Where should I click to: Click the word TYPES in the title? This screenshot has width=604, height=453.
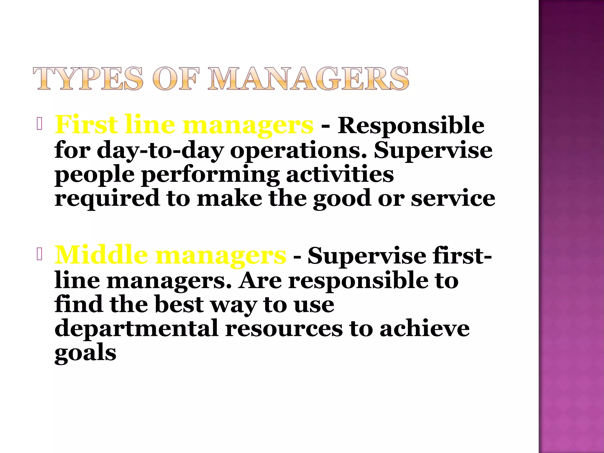click(x=88, y=78)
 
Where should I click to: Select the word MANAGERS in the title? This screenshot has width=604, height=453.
click(x=308, y=78)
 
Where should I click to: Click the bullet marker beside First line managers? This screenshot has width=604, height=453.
click(x=40, y=124)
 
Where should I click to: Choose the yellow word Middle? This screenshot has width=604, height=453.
click(x=101, y=255)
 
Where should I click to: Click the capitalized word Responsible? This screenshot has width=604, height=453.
click(x=411, y=125)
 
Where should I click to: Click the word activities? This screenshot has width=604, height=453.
click(x=340, y=174)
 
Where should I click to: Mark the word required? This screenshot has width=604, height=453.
click(x=107, y=198)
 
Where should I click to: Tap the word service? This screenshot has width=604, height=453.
click(x=453, y=198)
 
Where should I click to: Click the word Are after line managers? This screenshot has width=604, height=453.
click(x=260, y=280)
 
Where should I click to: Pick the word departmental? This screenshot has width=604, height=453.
click(x=136, y=329)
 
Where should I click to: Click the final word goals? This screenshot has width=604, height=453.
click(x=85, y=353)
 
